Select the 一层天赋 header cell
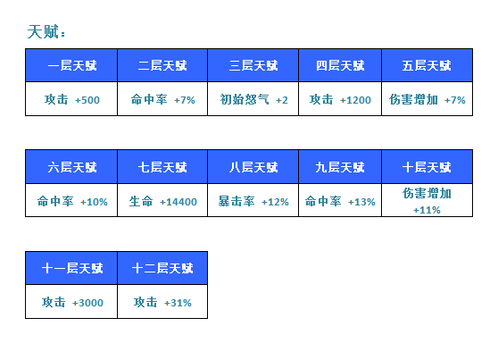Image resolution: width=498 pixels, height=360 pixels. pos(71,65)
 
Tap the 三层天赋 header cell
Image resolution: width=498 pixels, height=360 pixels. pos(253,65)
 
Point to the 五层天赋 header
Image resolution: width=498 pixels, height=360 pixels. pos(427,65)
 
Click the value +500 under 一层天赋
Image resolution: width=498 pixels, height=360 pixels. pos(87,100)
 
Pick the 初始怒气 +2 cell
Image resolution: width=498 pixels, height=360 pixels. pos(253,99)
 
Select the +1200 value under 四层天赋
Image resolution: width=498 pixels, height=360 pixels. pos(355,100)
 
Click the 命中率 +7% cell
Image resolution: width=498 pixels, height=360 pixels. pos(162,99)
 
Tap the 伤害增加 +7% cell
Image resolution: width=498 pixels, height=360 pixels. pos(427,99)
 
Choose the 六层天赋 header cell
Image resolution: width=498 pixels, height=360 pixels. pos(71,167)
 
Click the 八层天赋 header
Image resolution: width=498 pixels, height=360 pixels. pos(253,167)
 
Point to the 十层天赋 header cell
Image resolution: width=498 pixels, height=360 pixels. pos(427,167)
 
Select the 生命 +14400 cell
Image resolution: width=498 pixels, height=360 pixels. pos(162,200)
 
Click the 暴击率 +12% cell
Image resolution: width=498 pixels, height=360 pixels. pos(253,200)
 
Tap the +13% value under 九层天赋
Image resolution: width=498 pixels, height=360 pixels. pos(361,202)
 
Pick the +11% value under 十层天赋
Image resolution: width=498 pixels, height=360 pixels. pos(427,210)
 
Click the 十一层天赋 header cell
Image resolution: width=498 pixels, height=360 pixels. pos(71,268)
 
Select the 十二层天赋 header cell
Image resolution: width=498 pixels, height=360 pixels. pos(162,268)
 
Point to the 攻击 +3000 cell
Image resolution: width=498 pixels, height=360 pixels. pos(71,301)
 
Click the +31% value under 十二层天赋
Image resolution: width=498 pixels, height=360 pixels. pos(178,303)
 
